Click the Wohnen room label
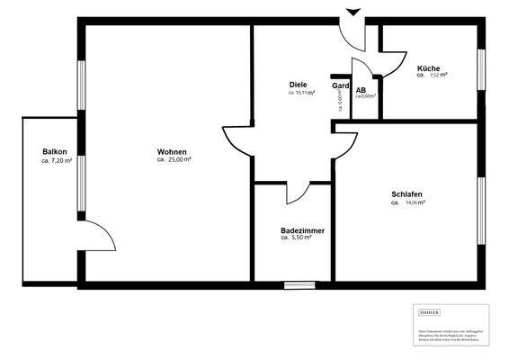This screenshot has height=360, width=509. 172,151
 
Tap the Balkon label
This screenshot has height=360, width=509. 55,151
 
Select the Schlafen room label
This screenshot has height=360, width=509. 406,194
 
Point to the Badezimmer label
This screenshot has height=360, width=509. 302,230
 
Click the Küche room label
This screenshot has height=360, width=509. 428,68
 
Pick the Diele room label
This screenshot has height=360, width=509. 299,84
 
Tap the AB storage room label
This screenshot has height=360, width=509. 361,90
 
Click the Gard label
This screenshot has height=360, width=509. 340,85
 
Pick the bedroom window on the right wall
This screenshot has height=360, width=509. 480,211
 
